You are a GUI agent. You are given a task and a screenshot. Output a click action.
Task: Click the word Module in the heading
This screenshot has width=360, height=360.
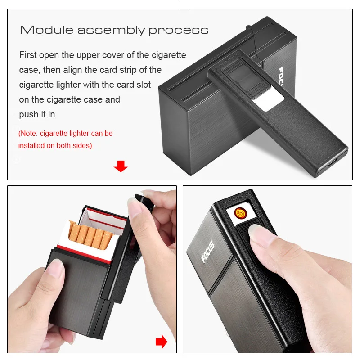click(47, 30)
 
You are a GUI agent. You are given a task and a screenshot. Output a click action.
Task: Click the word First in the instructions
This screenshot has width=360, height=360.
click(28, 55)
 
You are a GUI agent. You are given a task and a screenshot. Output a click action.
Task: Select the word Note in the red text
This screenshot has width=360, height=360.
click(29, 133)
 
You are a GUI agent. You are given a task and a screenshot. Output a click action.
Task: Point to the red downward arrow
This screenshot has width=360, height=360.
click(121, 166)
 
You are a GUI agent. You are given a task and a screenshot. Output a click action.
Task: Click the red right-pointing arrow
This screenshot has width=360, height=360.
click(162, 342)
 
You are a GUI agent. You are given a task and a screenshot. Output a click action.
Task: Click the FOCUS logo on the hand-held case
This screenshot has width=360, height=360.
click(207, 252)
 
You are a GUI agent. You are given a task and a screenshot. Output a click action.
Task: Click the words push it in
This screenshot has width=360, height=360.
click(37, 114)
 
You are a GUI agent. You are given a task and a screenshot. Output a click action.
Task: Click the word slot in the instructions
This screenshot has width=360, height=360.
click(144, 85)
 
